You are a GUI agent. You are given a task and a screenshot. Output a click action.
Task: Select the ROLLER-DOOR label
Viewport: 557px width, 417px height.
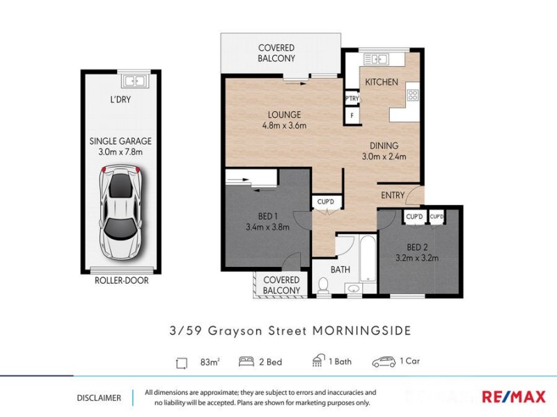pos(121,281)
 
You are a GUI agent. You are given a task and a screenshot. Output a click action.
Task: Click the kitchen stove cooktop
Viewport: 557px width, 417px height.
pos(413,95)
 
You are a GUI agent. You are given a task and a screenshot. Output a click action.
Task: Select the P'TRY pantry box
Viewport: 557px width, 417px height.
pos(352,100)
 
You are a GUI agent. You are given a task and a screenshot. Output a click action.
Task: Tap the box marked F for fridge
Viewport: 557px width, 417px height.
pos(352,115)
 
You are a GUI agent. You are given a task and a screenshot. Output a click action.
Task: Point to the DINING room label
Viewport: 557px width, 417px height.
pos(384,146)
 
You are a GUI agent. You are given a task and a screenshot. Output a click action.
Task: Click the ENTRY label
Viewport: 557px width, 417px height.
pos(393,195)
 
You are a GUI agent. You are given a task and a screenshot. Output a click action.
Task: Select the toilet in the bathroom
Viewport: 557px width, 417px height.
pos(322,286)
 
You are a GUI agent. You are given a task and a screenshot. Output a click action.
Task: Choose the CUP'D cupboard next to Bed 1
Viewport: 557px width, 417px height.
pos(325,202)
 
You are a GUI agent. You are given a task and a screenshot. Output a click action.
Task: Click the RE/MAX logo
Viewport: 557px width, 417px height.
pos(515,397)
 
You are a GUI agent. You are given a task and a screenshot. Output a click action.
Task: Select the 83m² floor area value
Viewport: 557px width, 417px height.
pos(209,361)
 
